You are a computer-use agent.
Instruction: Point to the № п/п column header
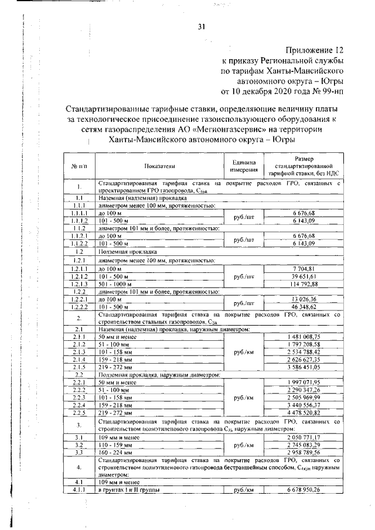click(79, 166)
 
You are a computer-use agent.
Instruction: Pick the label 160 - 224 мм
click(117, 452)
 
